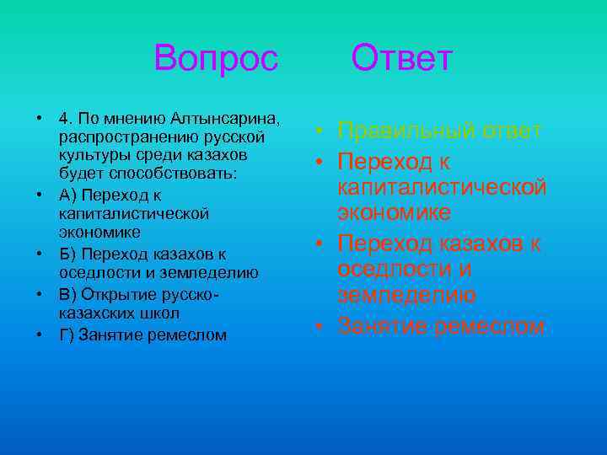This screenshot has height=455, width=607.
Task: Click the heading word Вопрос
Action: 215,59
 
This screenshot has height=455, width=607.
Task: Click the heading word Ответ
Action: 402,59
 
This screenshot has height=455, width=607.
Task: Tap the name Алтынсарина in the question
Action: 225,116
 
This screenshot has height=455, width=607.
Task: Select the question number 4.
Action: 65,116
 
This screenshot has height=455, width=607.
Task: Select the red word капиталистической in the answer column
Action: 442,185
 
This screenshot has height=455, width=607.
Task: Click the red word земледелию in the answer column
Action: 406,296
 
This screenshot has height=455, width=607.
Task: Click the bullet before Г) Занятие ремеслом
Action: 40,334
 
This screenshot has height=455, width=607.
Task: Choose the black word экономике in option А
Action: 100,232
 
